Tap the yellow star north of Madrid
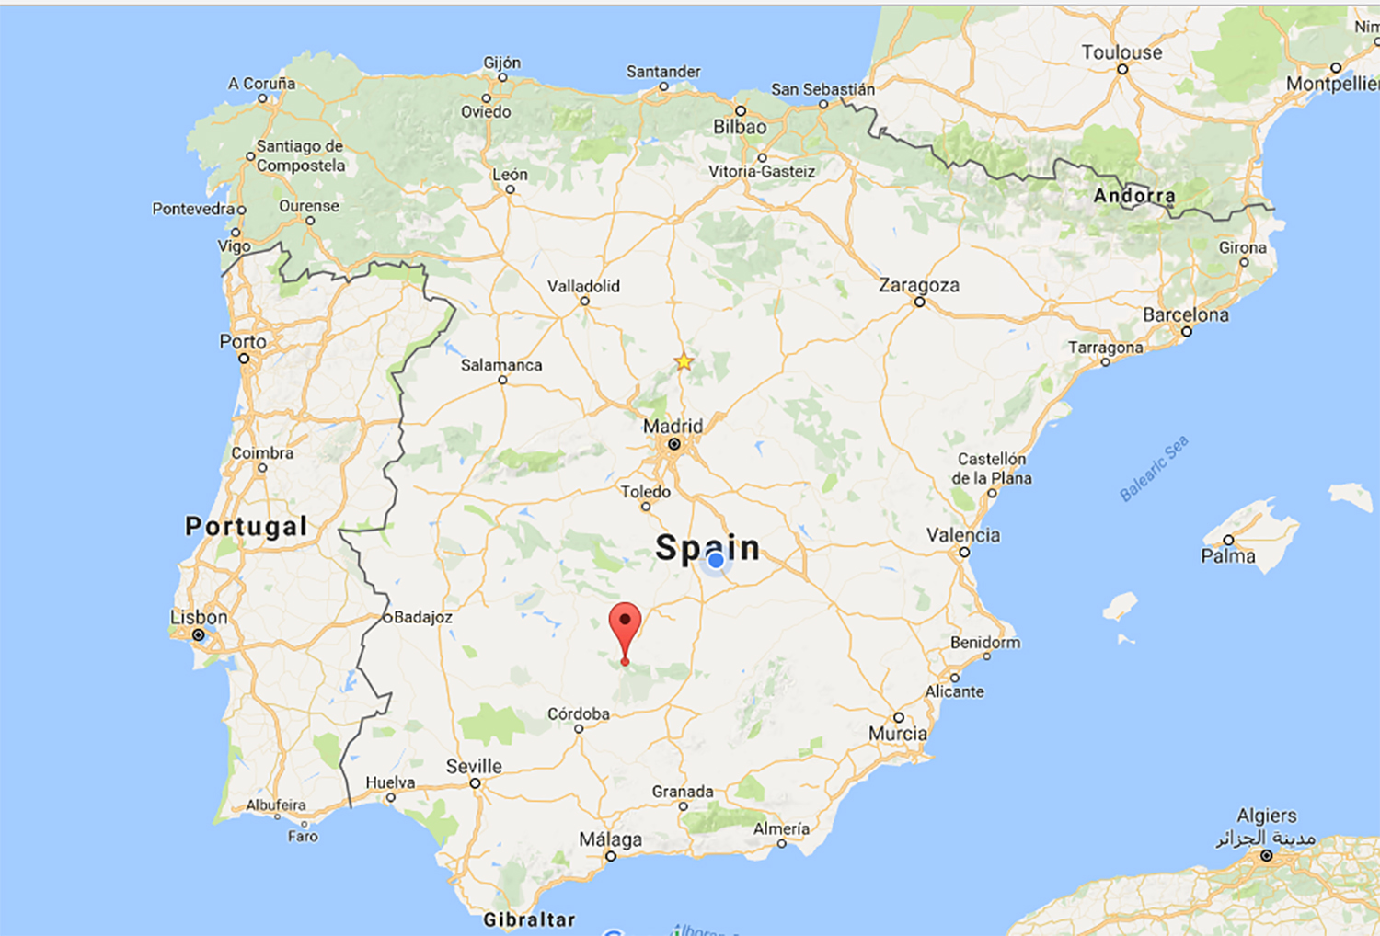click(x=684, y=361)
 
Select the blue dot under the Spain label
click(x=716, y=560)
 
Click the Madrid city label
click(x=673, y=426)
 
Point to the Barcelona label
click(x=1185, y=314)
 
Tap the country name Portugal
click(x=246, y=526)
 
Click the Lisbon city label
click(x=199, y=617)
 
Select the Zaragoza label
click(x=918, y=285)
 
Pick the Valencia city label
click(x=962, y=535)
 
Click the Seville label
click(x=474, y=766)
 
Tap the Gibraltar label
click(x=529, y=919)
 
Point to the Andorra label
click(x=1134, y=195)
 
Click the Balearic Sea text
click(x=1154, y=468)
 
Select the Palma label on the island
click(x=1227, y=556)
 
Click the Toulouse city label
click(x=1121, y=52)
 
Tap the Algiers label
click(x=1266, y=816)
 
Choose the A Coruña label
click(x=262, y=83)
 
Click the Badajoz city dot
click(x=387, y=617)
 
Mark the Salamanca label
click(x=501, y=365)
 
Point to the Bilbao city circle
click(x=740, y=111)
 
